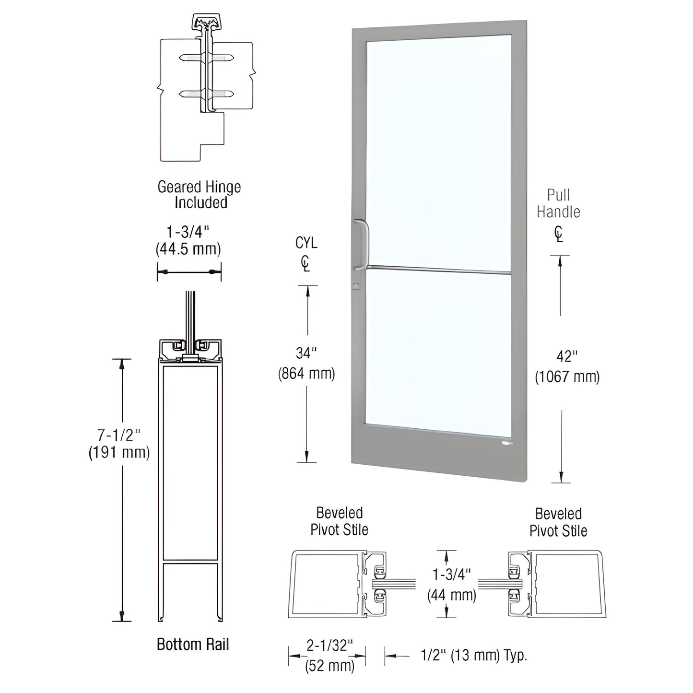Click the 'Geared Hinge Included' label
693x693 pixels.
tap(199, 194)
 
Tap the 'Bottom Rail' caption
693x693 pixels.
tap(193, 644)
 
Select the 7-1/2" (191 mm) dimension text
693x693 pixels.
tap(119, 444)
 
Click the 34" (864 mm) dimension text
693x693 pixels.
tap(306, 363)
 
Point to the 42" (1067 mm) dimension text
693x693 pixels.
tap(567, 366)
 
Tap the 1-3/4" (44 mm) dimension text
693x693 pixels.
tap(451, 585)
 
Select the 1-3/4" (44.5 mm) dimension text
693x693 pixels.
tap(188, 240)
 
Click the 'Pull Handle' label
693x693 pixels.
tap(558, 203)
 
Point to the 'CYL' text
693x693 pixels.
tap(306, 243)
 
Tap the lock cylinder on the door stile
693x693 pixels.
tap(355, 286)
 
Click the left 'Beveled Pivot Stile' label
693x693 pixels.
tap(339, 521)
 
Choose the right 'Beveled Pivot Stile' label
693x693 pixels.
tap(558, 522)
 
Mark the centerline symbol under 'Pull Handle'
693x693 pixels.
tap(558, 234)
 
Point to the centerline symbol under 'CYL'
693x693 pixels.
tap(305, 264)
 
